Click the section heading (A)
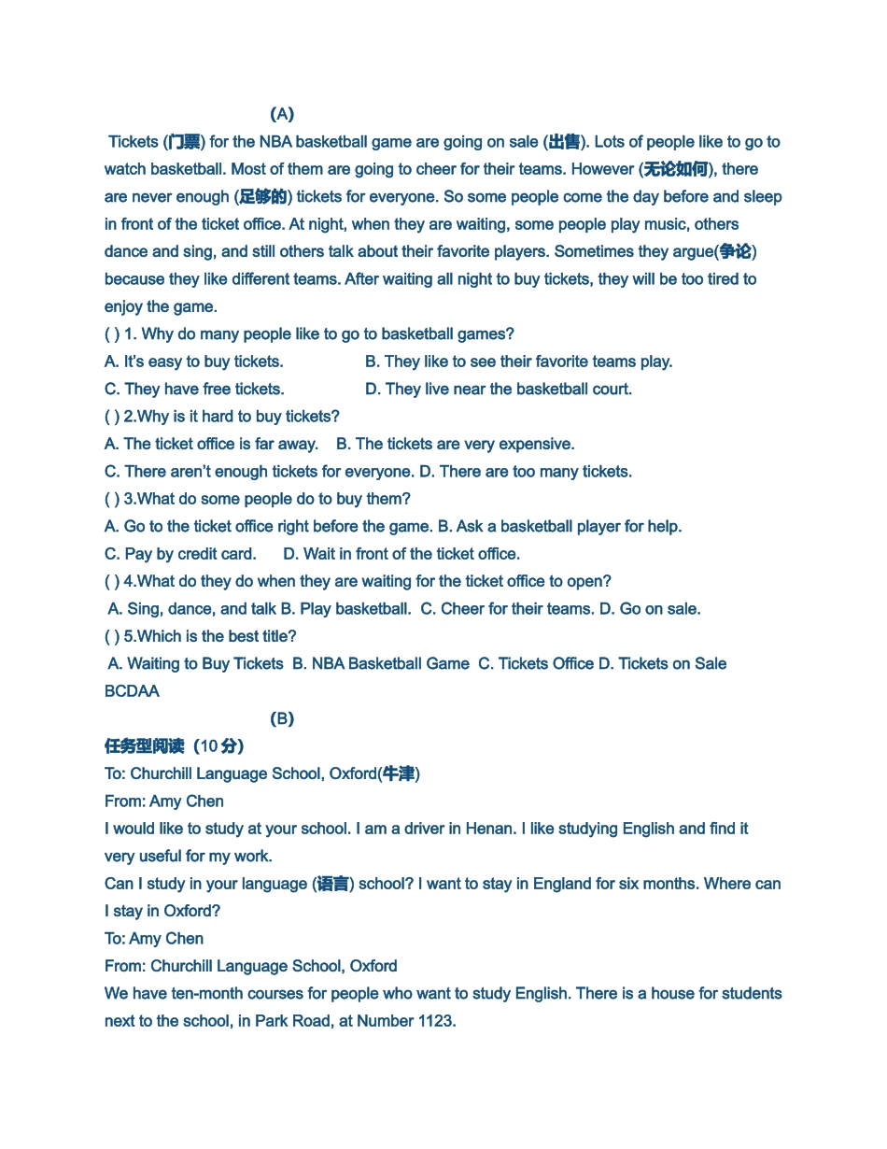(x=282, y=114)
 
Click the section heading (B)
(x=282, y=718)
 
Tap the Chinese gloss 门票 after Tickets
(x=184, y=142)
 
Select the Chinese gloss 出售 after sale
(x=564, y=142)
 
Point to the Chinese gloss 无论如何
(x=675, y=169)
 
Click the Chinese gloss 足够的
(x=263, y=197)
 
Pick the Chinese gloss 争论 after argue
(x=735, y=251)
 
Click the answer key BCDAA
(x=132, y=691)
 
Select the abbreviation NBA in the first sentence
(x=275, y=142)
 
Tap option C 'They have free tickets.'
(x=194, y=389)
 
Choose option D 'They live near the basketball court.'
(x=499, y=389)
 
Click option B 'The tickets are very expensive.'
(x=456, y=444)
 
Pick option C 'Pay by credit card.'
(x=180, y=554)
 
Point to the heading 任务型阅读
(x=145, y=746)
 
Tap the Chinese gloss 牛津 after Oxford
(x=399, y=773)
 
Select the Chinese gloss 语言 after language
(x=333, y=884)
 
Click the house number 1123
(x=431, y=1021)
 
